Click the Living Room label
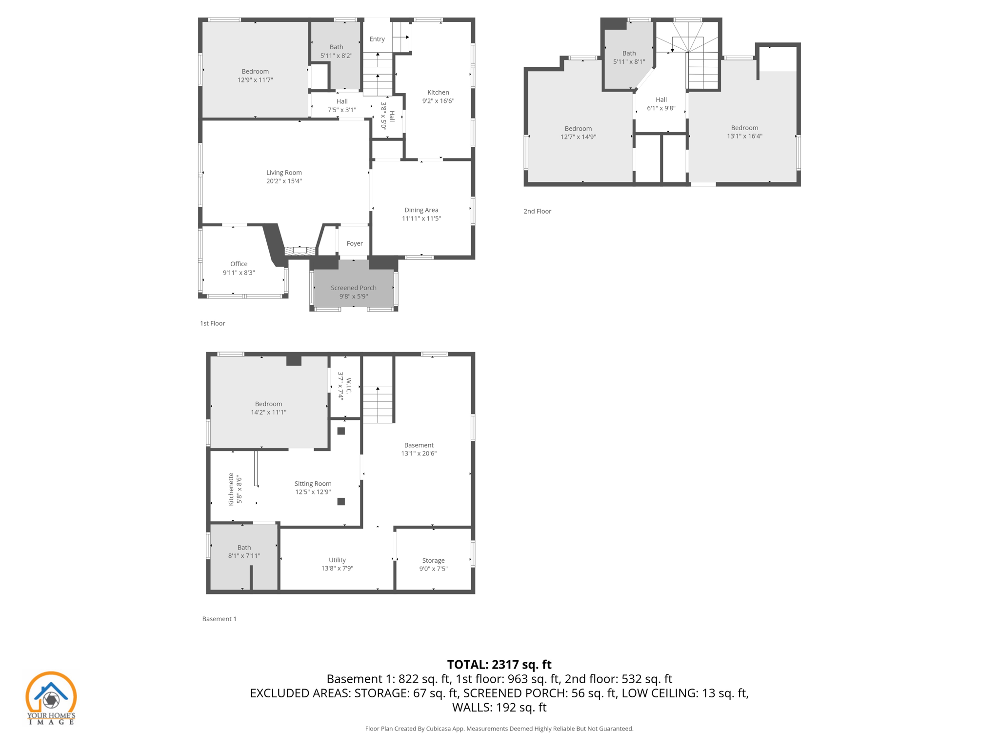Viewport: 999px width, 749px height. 284,173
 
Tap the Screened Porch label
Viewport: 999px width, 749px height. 353,288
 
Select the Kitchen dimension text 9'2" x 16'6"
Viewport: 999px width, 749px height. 438,101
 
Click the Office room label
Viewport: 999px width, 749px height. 239,264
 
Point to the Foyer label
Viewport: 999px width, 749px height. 355,243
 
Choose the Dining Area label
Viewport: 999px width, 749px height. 421,210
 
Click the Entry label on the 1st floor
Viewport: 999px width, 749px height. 377,39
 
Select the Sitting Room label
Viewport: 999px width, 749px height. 313,484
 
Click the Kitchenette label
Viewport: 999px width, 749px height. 231,489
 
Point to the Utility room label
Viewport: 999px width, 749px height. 337,560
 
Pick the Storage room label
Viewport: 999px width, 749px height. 433,561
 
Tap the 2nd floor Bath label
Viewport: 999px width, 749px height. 629,53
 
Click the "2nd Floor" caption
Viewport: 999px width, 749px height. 537,211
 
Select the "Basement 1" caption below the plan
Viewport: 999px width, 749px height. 219,619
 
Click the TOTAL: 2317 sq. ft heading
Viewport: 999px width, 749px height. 499,665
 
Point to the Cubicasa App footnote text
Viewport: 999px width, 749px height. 499,729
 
